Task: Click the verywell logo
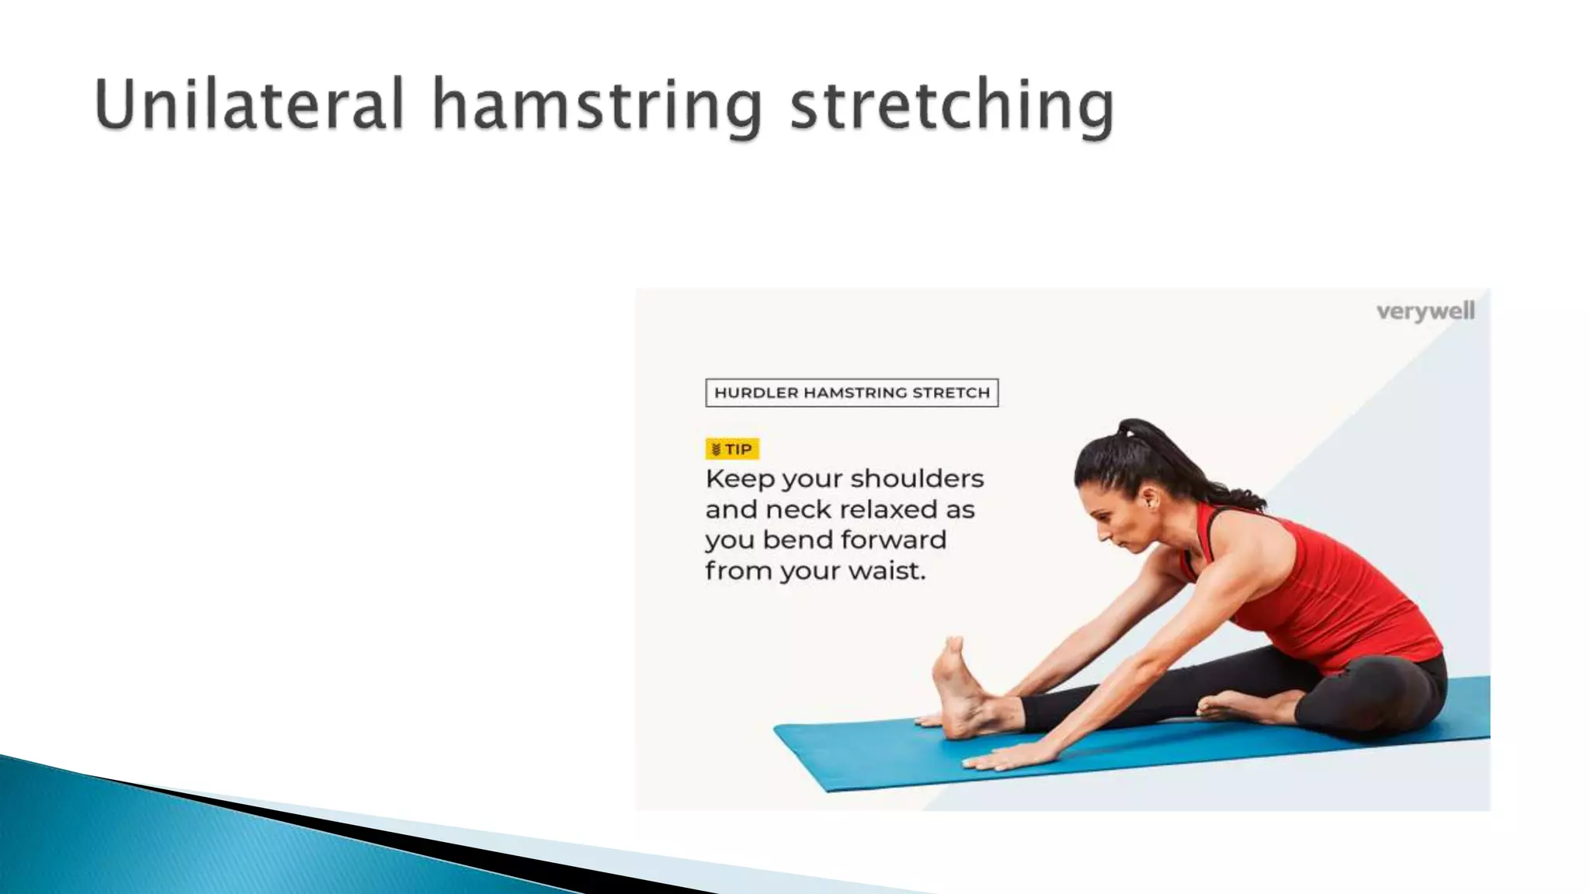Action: point(1425,312)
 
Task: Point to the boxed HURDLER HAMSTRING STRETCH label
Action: point(852,393)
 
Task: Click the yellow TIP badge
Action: point(731,449)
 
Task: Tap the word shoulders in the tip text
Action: point(918,479)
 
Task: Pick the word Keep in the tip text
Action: point(739,479)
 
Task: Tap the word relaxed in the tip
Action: point(889,510)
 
